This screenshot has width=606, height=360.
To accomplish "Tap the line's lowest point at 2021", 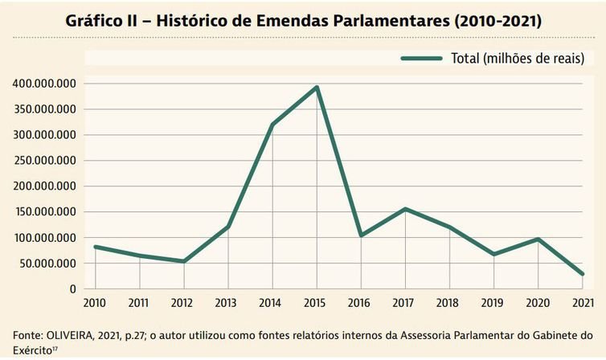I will pos(582,274).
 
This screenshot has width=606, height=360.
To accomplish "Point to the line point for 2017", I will pos(405,209).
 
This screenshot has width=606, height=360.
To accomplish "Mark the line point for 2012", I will pos(184,261).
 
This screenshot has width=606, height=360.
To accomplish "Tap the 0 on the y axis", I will pos(72,289).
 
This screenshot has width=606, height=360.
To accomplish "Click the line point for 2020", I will pos(538,239).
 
